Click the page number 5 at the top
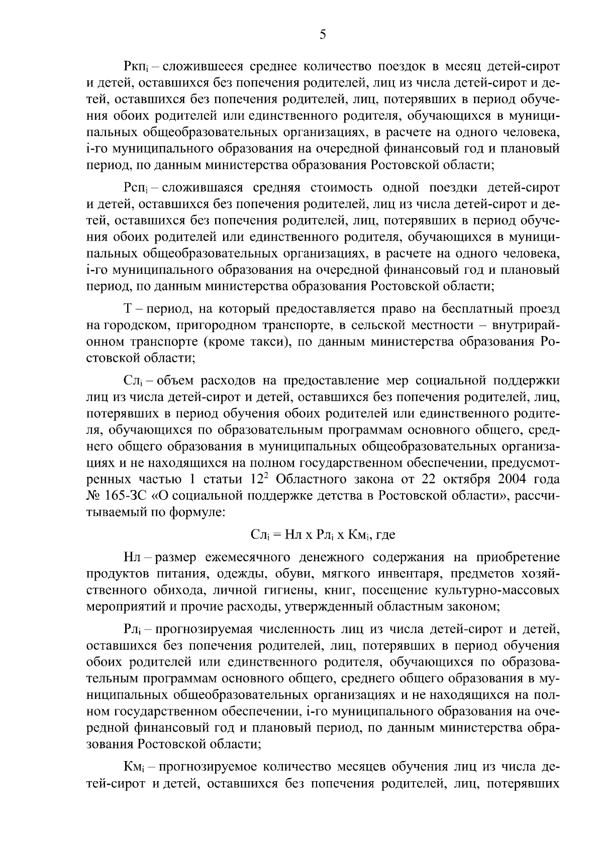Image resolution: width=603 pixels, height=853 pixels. pos(323,35)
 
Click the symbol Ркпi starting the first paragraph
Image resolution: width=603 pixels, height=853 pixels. pos(135,66)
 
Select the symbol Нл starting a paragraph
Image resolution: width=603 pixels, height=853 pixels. pos(134,557)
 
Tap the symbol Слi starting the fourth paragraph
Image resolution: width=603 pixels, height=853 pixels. pos(132,380)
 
